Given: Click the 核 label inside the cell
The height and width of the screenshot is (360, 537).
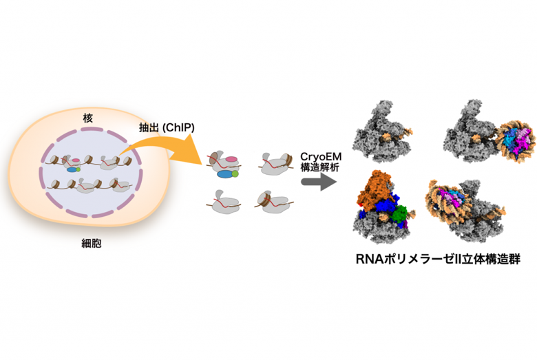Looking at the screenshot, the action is click(87, 118).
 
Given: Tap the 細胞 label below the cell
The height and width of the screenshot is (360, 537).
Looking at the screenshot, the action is click(92, 243).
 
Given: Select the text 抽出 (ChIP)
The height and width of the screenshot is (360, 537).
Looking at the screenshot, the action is click(167, 127).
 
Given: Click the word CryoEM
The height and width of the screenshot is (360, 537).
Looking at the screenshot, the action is click(321, 156).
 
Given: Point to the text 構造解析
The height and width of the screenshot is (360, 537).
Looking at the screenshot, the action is click(320, 167).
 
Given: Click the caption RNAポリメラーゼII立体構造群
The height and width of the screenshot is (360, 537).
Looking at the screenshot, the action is click(438, 259).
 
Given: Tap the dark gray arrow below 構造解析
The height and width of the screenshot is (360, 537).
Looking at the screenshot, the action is click(319, 182).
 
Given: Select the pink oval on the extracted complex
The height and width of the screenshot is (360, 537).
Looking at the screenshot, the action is click(231, 159).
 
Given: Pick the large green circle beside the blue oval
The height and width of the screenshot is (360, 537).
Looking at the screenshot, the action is click(235, 173).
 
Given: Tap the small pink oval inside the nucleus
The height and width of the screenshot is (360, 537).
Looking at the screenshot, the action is click(76, 160).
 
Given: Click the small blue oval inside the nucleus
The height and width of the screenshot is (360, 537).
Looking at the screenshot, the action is click(72, 169).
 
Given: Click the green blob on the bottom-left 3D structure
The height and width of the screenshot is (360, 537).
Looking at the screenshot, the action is click(399, 214).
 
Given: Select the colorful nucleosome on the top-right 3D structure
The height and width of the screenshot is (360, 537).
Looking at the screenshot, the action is click(516, 140).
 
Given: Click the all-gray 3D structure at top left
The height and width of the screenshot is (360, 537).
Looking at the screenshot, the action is click(383, 131).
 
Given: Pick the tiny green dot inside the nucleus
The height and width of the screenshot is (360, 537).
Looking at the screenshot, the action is click(78, 169).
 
